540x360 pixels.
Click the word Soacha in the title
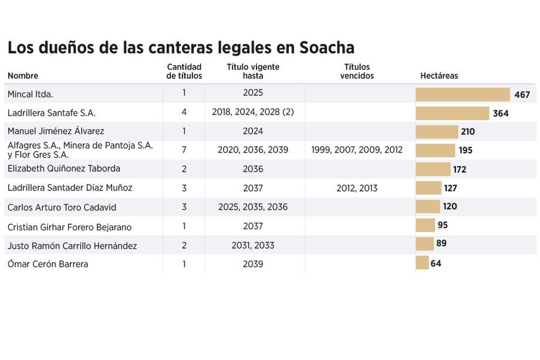(x=322, y=48)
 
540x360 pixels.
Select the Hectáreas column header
(x=439, y=76)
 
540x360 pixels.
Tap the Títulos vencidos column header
(x=357, y=72)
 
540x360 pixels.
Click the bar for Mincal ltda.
(x=463, y=95)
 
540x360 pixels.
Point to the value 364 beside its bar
(x=501, y=113)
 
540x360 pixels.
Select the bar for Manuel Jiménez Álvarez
(x=437, y=132)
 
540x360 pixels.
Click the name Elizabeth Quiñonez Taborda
(x=63, y=169)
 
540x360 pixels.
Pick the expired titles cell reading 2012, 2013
(x=357, y=188)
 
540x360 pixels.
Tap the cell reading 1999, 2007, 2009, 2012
(x=357, y=150)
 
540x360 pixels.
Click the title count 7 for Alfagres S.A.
(x=184, y=150)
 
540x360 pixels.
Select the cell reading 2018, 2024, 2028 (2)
(x=252, y=113)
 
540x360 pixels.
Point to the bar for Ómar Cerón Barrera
(x=422, y=263)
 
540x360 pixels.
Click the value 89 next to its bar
(x=442, y=244)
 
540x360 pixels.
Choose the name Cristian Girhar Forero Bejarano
(x=69, y=227)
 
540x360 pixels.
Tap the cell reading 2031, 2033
(x=252, y=245)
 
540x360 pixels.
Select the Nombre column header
(x=23, y=76)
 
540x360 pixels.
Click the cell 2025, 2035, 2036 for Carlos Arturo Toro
(x=252, y=207)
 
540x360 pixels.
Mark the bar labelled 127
(x=428, y=188)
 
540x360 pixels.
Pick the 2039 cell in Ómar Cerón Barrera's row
(x=252, y=264)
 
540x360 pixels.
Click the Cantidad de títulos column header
(x=184, y=72)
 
